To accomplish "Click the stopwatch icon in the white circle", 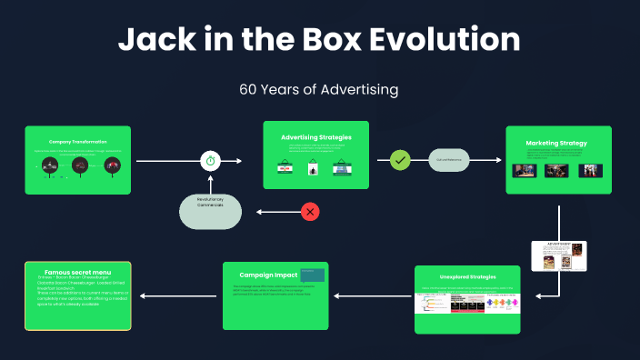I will coord(211,161).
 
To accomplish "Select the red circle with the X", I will coord(310,212).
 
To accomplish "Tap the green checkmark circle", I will coord(399,160).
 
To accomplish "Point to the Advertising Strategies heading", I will coord(316,137).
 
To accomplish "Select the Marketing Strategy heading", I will coord(556,143).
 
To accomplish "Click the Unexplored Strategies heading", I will coord(467,278).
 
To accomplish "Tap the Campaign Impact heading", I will coord(269,274).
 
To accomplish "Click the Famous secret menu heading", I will coord(78,271).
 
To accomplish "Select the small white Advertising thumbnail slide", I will coord(559,255).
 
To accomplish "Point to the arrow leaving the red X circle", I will coord(276,212).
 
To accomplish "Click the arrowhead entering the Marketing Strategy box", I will coord(498,160).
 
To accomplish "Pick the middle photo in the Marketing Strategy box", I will coord(556,170).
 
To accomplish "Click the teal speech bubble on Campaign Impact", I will coord(314,275).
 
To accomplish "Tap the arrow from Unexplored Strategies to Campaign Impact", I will coord(371,295).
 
